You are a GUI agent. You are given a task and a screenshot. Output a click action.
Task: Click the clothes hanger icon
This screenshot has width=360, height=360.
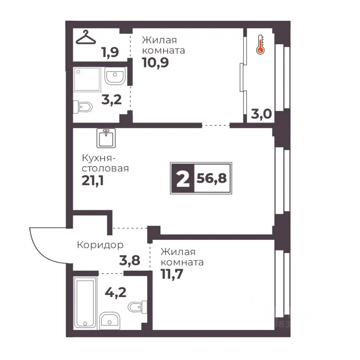85,37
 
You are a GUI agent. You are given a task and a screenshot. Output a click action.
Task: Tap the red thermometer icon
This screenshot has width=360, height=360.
260,45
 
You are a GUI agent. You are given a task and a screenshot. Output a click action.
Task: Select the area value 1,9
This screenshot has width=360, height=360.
110,52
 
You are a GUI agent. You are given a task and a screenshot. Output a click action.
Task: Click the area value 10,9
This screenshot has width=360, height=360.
155,63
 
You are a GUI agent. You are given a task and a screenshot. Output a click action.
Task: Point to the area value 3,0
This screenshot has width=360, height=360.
261,114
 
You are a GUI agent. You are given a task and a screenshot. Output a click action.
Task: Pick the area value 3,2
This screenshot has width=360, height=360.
112,100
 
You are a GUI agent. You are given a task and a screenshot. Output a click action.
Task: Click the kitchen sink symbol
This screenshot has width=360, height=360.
106,138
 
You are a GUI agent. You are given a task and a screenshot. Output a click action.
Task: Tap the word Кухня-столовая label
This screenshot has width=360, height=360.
105,163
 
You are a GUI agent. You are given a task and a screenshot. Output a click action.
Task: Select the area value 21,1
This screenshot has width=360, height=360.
93,181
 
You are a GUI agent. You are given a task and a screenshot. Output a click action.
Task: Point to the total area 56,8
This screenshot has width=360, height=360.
211,178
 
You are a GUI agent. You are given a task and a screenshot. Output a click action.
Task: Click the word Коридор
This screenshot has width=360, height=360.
100,245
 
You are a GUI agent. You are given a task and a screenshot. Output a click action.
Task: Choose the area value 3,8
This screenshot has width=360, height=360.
130,261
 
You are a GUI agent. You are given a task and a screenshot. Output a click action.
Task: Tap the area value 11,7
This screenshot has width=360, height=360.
172,274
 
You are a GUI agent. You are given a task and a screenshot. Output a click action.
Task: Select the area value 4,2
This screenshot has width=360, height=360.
115,292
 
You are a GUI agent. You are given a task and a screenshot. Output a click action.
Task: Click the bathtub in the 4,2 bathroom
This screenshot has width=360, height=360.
85,302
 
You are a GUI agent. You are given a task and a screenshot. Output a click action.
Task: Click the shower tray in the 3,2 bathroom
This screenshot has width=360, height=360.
87,79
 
